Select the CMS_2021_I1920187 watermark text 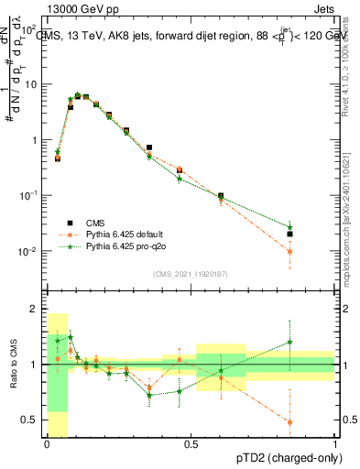point(191,273)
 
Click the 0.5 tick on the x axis point(191,444)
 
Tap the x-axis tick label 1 point(335,444)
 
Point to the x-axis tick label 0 point(47,444)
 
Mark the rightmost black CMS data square point(289,234)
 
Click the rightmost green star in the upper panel point(289,226)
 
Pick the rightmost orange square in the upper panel point(289,251)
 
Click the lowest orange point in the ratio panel point(289,422)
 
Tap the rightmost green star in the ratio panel point(289,342)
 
